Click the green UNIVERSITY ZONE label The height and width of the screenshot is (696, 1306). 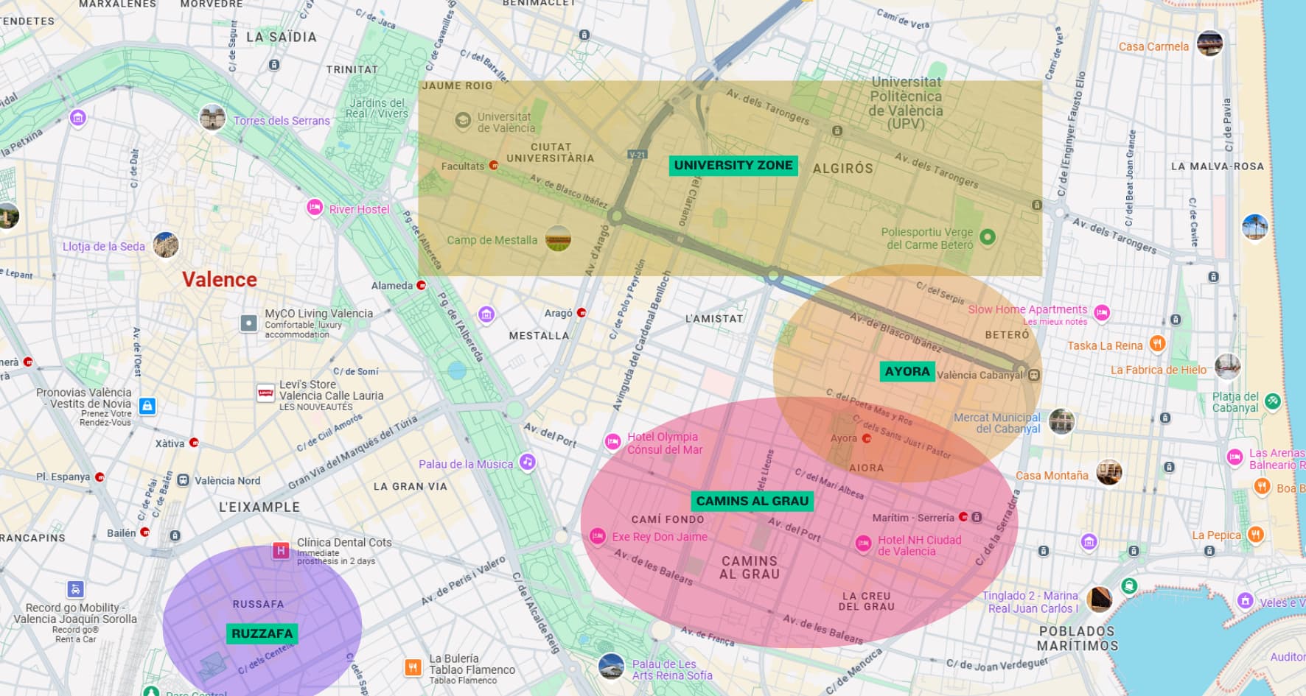(733, 166)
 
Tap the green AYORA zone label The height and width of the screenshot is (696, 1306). (907, 372)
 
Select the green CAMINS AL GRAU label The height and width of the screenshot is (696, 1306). (752, 502)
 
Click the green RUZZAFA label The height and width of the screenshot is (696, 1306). (262, 633)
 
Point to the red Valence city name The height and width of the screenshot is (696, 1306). (220, 280)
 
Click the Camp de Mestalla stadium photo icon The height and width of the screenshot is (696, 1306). (558, 239)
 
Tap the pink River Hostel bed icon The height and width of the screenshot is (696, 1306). (315, 208)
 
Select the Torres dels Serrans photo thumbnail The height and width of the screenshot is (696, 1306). (212, 118)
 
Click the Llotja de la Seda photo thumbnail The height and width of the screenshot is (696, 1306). (166, 245)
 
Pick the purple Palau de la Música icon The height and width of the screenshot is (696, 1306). (527, 463)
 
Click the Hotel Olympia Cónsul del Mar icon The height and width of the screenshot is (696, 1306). (612, 442)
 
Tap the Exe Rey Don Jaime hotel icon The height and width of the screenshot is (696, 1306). (598, 536)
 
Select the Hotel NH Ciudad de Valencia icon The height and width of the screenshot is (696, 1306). (863, 544)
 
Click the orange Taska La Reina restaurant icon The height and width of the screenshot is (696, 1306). (1157, 343)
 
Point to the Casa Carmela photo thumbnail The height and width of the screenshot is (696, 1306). (1209, 43)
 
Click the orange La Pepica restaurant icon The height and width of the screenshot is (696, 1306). (1255, 534)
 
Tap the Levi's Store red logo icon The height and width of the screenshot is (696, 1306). (265, 393)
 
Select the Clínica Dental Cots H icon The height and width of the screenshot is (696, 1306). (281, 550)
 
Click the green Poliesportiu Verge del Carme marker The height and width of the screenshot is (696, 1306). (988, 237)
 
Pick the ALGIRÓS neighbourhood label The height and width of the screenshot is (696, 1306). (842, 169)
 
